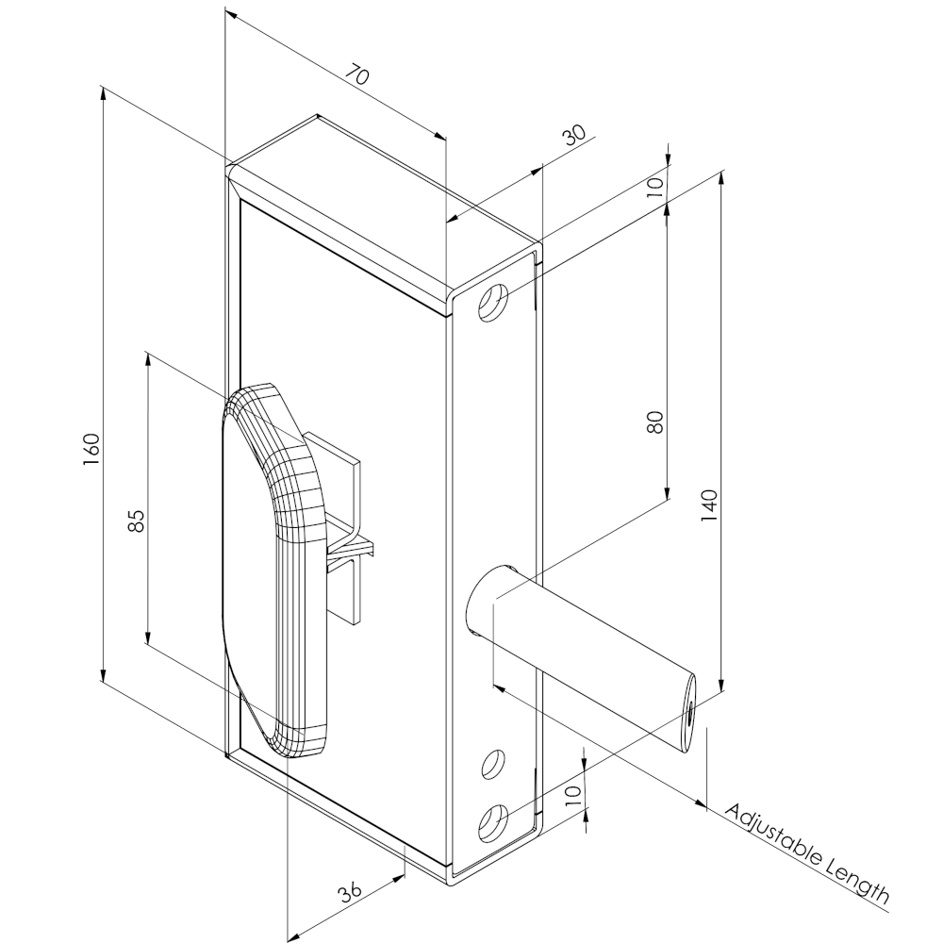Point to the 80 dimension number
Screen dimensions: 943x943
(657, 421)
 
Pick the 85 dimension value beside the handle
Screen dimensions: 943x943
(136, 520)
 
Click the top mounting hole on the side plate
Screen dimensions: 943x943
(493, 305)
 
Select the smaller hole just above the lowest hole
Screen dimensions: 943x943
(491, 765)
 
